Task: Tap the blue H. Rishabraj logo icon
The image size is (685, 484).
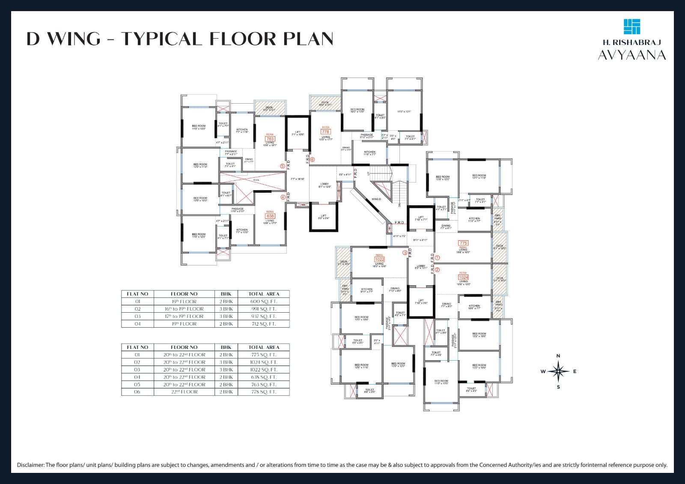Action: coord(632,27)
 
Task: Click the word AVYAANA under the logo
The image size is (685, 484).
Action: coord(632,55)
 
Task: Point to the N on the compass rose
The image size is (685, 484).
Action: coord(558,356)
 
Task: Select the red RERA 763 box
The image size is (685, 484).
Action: coord(270,139)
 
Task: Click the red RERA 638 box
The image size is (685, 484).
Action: coord(270,216)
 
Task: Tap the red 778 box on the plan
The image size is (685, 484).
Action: coord(326,131)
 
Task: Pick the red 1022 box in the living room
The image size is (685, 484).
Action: coord(379,259)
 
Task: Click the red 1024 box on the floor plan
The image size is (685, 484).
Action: coord(463,277)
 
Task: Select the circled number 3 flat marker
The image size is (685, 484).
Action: coord(405,253)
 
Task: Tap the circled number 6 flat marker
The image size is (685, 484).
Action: coord(312,160)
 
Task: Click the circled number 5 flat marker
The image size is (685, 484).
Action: coord(282,166)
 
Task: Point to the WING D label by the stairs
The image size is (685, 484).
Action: coord(376,199)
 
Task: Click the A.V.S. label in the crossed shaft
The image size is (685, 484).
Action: coord(256,180)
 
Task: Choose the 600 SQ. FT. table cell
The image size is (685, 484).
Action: coord(264,302)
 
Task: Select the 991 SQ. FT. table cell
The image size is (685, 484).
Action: coord(264,309)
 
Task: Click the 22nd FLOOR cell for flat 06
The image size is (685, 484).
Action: coord(184,392)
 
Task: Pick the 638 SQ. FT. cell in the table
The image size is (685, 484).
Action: coord(264,377)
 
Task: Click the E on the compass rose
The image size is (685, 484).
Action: coord(575,371)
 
